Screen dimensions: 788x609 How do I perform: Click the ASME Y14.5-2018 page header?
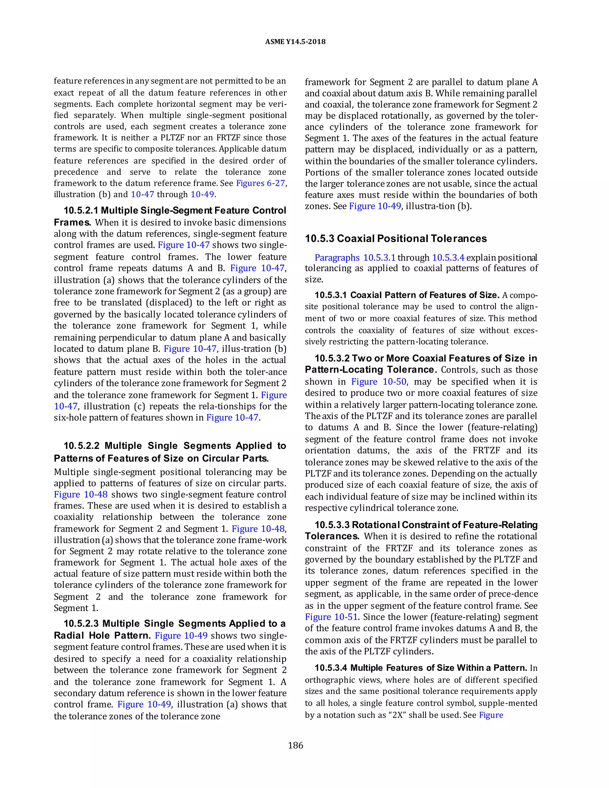click(x=295, y=42)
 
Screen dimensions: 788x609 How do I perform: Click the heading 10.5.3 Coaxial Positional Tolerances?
click(x=396, y=238)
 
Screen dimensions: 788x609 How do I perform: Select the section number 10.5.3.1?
click(x=330, y=295)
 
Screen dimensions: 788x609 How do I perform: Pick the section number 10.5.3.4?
click(x=330, y=668)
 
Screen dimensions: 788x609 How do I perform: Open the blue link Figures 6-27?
click(x=260, y=183)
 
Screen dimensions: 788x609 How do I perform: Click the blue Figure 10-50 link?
click(x=379, y=382)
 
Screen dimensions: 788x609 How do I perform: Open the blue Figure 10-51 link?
click(x=331, y=617)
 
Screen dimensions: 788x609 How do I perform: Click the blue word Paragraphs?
click(x=337, y=258)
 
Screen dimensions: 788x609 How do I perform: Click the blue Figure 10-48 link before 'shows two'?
click(x=81, y=494)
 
